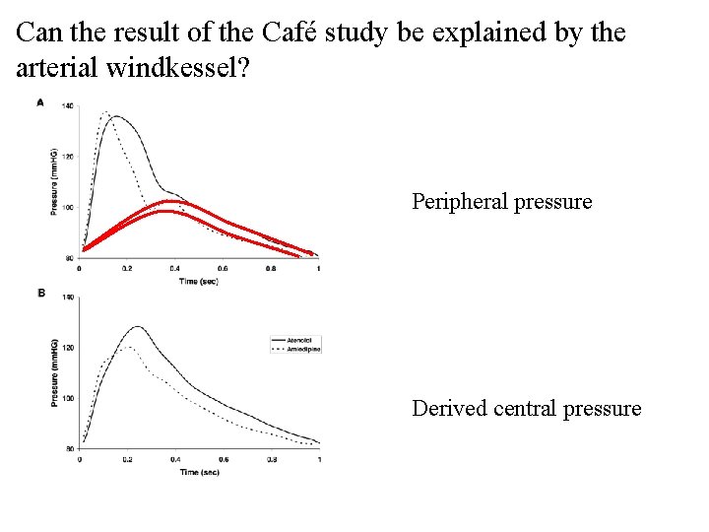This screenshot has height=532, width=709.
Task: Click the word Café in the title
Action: [x=290, y=33]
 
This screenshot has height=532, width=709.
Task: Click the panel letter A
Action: [x=39, y=102]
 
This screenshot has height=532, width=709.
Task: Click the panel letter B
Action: [x=40, y=293]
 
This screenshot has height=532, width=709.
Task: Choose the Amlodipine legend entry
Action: [x=300, y=349]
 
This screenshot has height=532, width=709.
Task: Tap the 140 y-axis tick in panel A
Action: [x=67, y=106]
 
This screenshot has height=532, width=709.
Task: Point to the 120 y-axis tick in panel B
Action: [x=67, y=348]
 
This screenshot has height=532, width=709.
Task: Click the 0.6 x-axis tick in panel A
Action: [x=223, y=268]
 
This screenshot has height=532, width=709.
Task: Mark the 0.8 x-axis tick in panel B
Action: [x=271, y=459]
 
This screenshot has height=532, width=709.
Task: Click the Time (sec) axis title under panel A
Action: [x=199, y=281]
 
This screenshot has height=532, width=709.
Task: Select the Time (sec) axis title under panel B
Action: [x=199, y=472]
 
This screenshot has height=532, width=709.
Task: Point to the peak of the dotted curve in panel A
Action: [x=105, y=112]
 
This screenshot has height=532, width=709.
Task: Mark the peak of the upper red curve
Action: [x=173, y=201]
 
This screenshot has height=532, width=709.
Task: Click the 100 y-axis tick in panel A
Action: [x=67, y=207]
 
